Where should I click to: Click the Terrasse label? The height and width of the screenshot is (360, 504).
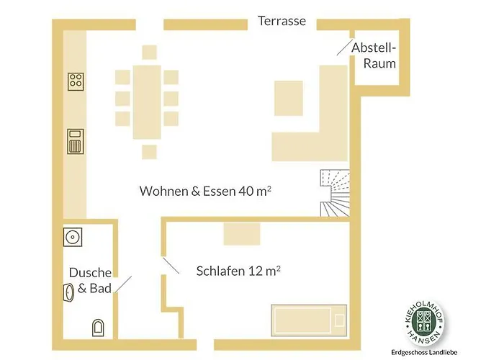(x=282, y=21)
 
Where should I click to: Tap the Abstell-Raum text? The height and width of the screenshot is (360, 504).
(x=374, y=55)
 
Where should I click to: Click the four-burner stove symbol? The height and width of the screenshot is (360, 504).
(x=76, y=81)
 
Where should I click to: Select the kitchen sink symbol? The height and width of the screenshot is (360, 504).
(x=76, y=141)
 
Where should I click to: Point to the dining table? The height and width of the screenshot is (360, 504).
(x=147, y=102)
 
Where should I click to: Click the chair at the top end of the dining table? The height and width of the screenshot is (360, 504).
(x=150, y=53)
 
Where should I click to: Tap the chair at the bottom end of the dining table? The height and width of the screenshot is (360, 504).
(x=150, y=152)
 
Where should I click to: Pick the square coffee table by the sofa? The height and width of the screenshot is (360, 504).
(x=288, y=98)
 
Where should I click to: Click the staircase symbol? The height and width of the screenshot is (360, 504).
(x=335, y=193)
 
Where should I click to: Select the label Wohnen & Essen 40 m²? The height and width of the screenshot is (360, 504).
(x=205, y=191)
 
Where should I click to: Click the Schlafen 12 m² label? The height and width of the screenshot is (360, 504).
(x=238, y=271)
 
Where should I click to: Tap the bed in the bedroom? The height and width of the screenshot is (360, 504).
(x=309, y=320)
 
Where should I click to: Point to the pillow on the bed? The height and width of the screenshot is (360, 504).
(x=339, y=320)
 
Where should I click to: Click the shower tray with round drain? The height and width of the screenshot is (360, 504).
(x=73, y=237)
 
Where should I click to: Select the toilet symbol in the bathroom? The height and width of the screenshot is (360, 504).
(x=98, y=328)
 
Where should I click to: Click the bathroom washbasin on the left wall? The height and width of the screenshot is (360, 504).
(x=68, y=292)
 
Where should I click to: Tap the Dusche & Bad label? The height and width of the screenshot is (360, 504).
(x=90, y=280)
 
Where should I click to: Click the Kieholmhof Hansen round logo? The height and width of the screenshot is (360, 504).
(x=424, y=324)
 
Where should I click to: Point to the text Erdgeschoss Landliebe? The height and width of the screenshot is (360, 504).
(x=424, y=353)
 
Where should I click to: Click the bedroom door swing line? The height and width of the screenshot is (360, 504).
(x=171, y=265)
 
